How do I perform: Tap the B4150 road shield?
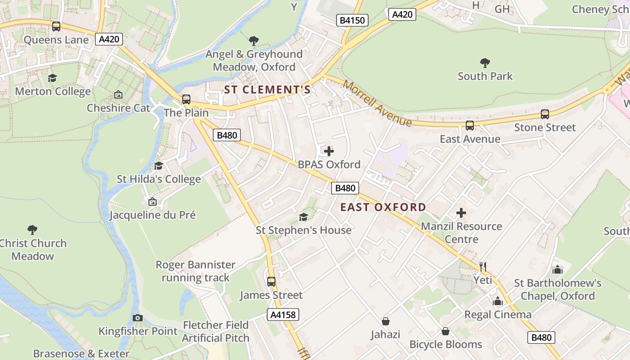pos(352,20)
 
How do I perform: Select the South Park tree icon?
pos(485,63)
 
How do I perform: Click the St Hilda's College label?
pos(159,179)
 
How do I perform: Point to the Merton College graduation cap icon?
pos(53,78)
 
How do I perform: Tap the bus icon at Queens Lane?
pos(56,27)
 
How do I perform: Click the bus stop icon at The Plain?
pos(186,99)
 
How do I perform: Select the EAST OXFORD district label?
pos(383,207)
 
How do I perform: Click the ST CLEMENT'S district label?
pos(267,90)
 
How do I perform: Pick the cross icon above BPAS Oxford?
pos(329,151)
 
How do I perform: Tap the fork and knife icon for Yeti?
pos(483,267)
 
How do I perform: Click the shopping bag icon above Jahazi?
pos(386,321)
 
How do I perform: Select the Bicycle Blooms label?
pos(445,344)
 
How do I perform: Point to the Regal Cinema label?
pos(498,314)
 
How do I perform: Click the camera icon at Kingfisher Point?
pos(138,318)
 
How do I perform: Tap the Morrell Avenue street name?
pos(377,103)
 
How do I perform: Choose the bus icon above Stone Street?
pos(545,114)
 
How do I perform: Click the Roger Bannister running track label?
pos(196,271)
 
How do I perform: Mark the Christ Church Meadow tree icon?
pos(32,230)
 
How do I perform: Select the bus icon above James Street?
pos(271,282)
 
